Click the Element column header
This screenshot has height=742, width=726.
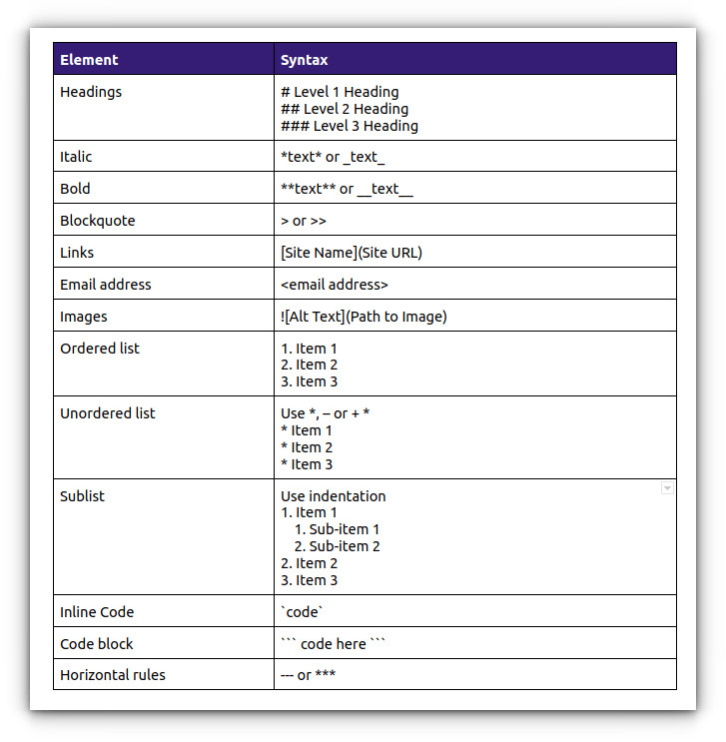(89, 60)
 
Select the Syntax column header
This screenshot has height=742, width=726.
(305, 60)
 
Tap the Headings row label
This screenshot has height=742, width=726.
(91, 92)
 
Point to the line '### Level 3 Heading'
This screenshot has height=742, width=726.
(350, 126)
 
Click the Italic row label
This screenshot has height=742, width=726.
(76, 157)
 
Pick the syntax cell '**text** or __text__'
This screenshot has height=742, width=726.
(347, 189)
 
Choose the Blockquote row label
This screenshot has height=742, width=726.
(97, 221)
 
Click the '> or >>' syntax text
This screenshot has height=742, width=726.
(304, 221)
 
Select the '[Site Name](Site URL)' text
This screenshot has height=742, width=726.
(352, 253)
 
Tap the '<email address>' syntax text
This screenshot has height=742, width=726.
(335, 285)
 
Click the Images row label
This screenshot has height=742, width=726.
(84, 317)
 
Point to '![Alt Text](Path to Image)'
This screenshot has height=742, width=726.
(363, 317)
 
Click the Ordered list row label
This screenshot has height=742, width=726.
(100, 349)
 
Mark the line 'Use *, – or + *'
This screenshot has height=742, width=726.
(326, 413)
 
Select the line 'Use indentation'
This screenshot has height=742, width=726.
(333, 496)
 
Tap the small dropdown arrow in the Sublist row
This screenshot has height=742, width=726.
(666, 488)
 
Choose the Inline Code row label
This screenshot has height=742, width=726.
(97, 612)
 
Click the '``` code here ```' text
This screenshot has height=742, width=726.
(333, 644)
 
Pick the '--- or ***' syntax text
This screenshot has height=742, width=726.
(308, 675)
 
